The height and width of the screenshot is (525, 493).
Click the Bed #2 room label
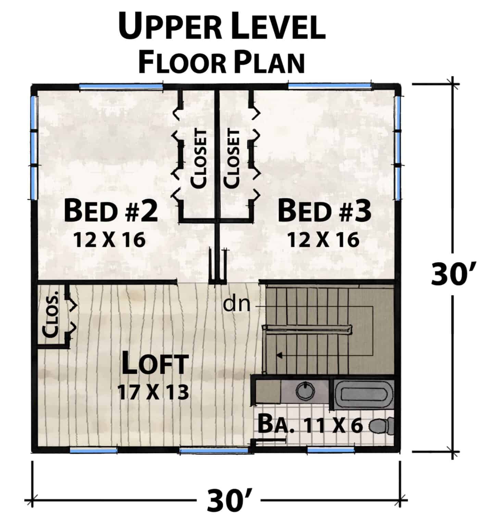point(111,212)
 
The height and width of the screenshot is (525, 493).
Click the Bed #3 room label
point(324,212)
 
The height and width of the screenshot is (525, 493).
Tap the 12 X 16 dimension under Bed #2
point(110,240)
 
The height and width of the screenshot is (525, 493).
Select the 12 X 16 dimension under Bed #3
point(323,240)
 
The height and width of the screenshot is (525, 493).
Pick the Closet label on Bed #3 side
point(232,158)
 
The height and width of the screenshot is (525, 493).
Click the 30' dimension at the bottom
point(229,502)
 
